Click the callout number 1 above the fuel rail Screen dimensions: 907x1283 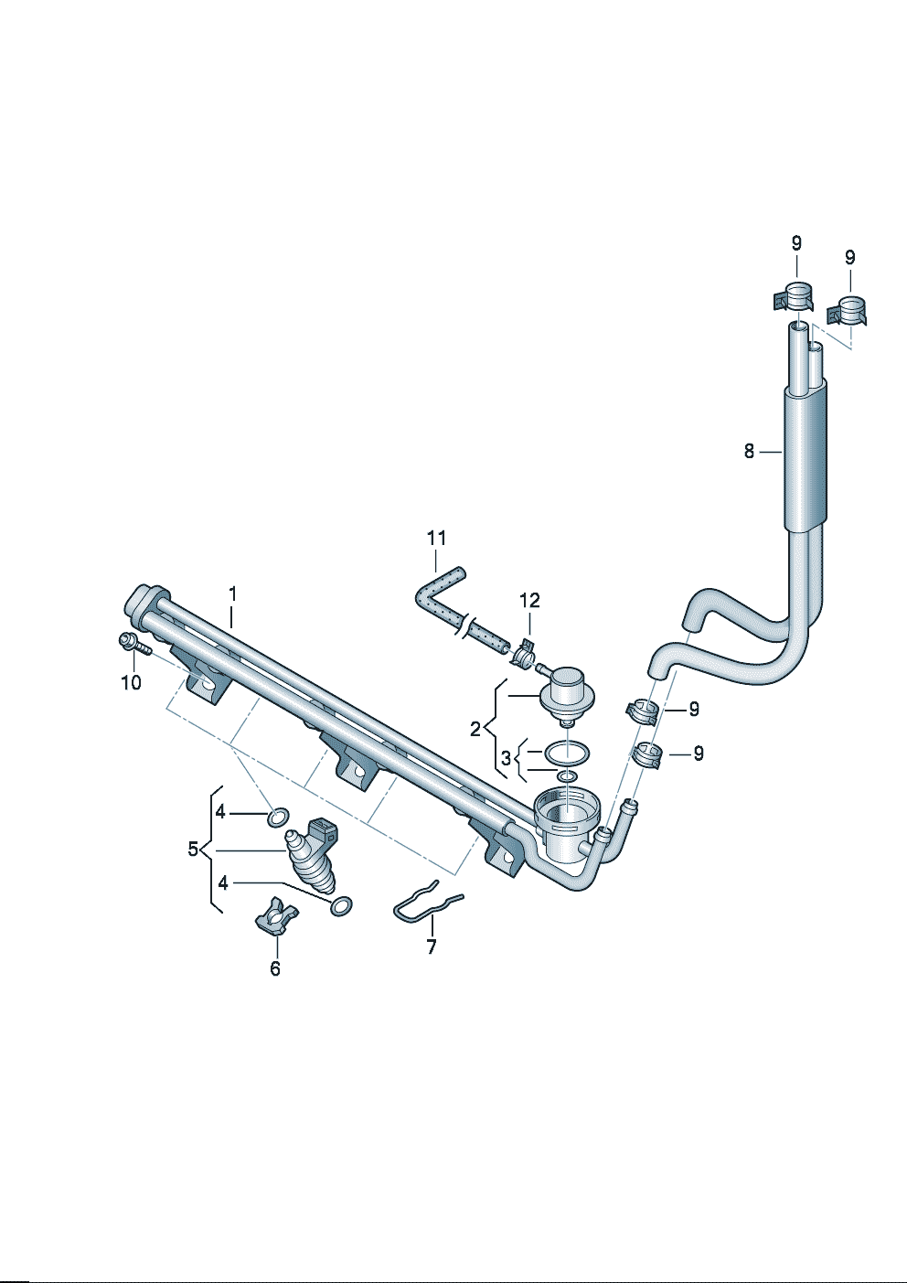point(232,593)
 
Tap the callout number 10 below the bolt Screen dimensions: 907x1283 point(131,683)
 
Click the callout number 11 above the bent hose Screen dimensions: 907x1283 point(436,539)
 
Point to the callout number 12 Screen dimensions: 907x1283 point(529,601)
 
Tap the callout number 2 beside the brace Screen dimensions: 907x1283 point(475,729)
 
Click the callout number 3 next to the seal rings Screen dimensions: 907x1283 point(506,759)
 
